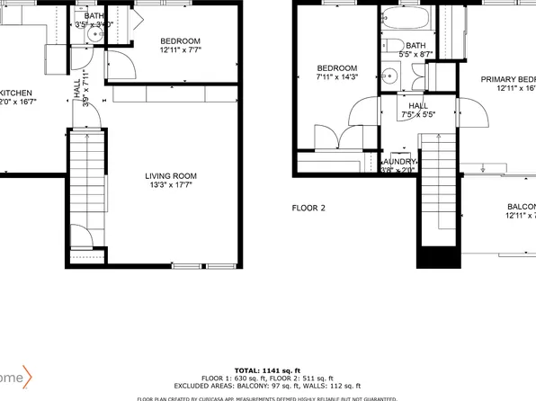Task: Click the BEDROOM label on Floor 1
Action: [181, 41]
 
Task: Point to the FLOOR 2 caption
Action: [308, 208]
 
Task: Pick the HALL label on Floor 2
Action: [417, 105]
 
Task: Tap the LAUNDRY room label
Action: [399, 161]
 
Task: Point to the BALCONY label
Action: [519, 206]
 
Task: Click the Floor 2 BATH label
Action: [415, 45]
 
